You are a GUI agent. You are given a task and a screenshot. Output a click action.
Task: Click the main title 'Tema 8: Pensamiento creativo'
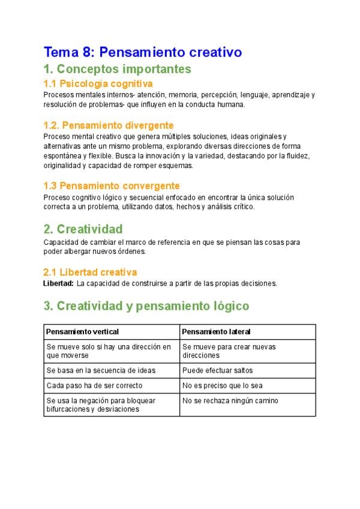click(x=143, y=52)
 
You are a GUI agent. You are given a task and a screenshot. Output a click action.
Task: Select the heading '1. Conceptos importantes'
click(x=118, y=69)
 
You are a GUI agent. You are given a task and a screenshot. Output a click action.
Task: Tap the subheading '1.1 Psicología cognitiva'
click(x=98, y=83)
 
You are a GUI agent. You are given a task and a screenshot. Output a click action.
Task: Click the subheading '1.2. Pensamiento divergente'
click(x=109, y=125)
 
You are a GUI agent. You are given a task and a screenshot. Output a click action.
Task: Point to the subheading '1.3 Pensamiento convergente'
click(x=112, y=186)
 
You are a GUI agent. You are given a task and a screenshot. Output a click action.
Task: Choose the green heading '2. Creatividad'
click(x=83, y=229)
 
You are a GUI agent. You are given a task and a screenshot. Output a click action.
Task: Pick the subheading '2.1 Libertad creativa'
click(x=91, y=273)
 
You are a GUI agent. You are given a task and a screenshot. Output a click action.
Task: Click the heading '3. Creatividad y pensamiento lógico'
click(x=146, y=306)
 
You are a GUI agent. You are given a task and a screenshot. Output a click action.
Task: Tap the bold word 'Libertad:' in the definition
click(x=59, y=283)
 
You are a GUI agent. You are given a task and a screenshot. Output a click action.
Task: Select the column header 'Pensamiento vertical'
click(x=83, y=332)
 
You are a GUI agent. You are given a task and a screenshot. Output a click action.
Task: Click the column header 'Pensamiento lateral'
click(x=216, y=332)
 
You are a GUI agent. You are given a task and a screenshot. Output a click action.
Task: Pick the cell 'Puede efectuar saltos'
click(x=218, y=370)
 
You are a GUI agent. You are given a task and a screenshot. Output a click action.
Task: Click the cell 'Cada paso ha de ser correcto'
click(x=94, y=385)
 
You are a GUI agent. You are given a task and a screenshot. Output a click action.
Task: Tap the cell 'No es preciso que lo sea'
click(x=223, y=385)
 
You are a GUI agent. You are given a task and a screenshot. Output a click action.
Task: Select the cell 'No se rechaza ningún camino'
click(x=230, y=400)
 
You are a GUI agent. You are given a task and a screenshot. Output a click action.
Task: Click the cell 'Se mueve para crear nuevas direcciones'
click(x=229, y=351)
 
